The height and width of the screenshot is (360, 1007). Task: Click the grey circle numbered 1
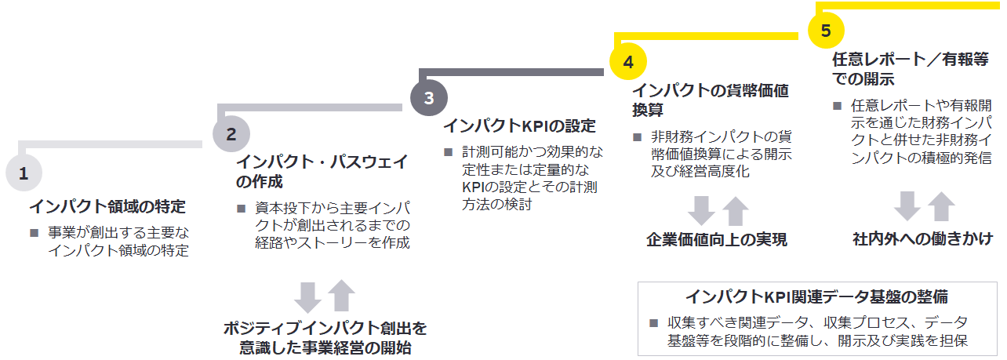pos(24,174)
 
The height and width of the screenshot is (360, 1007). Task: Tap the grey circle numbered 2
pos(231,133)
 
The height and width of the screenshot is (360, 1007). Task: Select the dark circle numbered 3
pos(428,98)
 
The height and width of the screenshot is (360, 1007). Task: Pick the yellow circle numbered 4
pos(627,61)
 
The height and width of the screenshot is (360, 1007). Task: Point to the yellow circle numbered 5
pos(826,31)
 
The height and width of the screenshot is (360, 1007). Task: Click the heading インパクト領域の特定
pos(107,207)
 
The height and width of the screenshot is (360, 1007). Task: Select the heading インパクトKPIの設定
pos(519,126)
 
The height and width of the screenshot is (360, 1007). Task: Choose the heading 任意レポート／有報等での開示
pos(911,69)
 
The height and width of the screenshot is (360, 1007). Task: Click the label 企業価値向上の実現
pos(717,240)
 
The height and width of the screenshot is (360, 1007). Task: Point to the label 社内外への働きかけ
pos(923,240)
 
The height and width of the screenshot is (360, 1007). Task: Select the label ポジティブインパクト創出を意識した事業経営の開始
pos(325,337)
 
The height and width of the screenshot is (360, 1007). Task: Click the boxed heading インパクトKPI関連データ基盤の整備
pos(816,297)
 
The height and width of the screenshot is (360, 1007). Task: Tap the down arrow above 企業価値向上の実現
pos(700,210)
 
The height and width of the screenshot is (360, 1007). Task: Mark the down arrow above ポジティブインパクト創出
pos(309,296)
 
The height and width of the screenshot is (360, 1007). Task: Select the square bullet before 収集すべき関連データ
pos(653,323)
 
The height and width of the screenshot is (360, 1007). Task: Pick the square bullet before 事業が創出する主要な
pos(34,233)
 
